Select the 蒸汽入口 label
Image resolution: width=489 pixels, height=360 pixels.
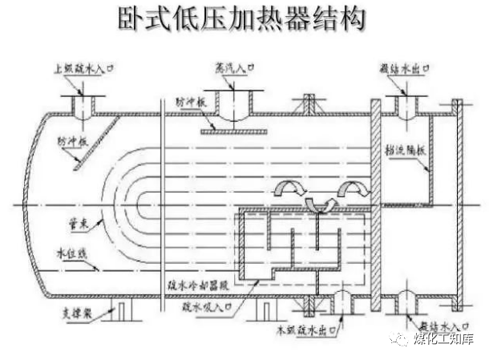(x=233, y=68)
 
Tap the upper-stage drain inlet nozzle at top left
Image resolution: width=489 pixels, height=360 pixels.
(x=81, y=104)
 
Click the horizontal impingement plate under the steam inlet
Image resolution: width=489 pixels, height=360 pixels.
(x=233, y=132)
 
